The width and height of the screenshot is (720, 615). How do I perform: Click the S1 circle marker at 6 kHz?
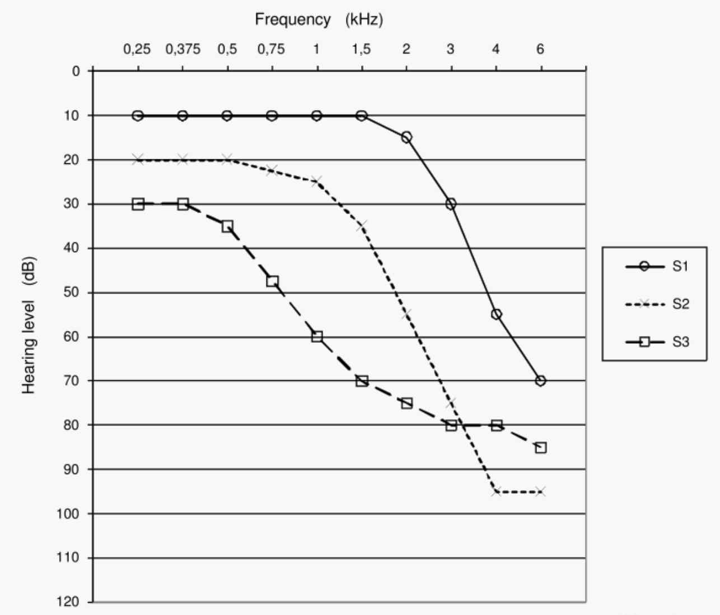[x=540, y=381]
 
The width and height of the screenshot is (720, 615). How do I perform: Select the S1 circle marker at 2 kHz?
[x=406, y=137]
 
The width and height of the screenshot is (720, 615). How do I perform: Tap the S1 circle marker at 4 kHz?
[x=496, y=314]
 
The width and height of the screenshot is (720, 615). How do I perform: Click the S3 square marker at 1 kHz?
[x=317, y=337]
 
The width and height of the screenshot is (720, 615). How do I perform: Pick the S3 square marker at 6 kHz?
[x=540, y=447]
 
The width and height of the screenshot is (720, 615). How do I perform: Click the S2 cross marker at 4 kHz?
[x=496, y=491]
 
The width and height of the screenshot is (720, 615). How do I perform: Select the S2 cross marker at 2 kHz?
[x=406, y=314]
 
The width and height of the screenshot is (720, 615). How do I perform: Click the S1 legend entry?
[x=655, y=267]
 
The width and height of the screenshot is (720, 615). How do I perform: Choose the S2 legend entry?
[x=655, y=304]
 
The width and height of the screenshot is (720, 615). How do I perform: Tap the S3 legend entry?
[x=655, y=342]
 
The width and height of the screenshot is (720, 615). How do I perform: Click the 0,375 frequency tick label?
[x=183, y=49]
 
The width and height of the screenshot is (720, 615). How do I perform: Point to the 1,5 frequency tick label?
[x=361, y=49]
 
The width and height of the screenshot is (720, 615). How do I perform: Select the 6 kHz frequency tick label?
[x=540, y=49]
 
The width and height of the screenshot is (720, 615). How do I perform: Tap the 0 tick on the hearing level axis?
[x=76, y=71]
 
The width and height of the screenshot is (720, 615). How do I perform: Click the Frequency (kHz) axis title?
[x=319, y=20]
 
